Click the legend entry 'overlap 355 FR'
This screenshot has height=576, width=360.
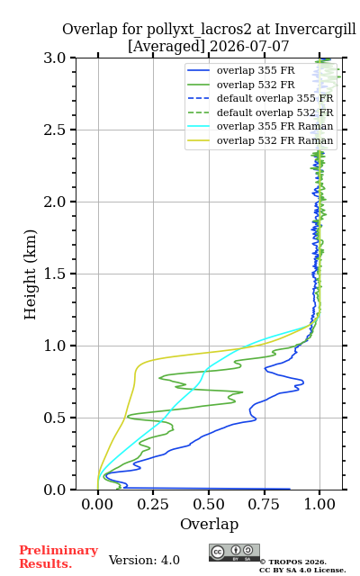point(256,70)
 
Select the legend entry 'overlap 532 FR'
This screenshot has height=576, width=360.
point(256,85)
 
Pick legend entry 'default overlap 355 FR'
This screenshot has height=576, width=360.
point(275,98)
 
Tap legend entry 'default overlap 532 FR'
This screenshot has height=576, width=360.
point(275,112)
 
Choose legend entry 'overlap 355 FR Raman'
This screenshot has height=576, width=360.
point(275,126)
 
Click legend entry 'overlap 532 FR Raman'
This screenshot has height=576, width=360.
point(275,140)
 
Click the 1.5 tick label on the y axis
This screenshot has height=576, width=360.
point(55,274)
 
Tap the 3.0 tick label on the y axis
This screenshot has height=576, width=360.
point(55,58)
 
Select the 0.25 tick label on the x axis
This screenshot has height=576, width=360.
point(153,504)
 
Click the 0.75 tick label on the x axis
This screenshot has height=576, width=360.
point(264,504)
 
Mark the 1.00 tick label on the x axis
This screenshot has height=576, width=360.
point(319,504)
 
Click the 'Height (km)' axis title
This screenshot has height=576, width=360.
point(30,274)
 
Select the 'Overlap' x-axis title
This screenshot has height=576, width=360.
point(209,524)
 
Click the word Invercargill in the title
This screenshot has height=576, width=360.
point(315,30)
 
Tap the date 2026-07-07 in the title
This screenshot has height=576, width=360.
point(249,46)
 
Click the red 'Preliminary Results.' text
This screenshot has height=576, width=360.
point(58,557)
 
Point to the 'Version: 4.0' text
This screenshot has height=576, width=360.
point(144,560)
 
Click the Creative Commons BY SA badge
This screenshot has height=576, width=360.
point(234,553)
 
